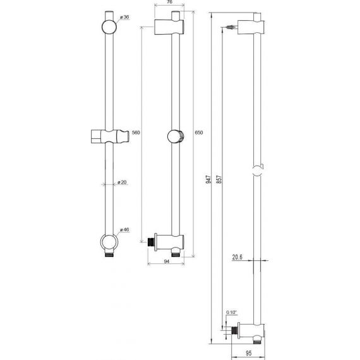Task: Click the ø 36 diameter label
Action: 124,17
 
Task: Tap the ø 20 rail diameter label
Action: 122,182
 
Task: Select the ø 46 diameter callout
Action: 124,229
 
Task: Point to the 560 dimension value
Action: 136,133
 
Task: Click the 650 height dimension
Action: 199,133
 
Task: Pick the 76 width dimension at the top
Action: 169,2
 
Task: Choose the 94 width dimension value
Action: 167,261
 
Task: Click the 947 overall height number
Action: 208,179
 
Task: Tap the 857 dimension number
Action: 219,179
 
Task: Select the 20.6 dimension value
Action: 237,257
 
